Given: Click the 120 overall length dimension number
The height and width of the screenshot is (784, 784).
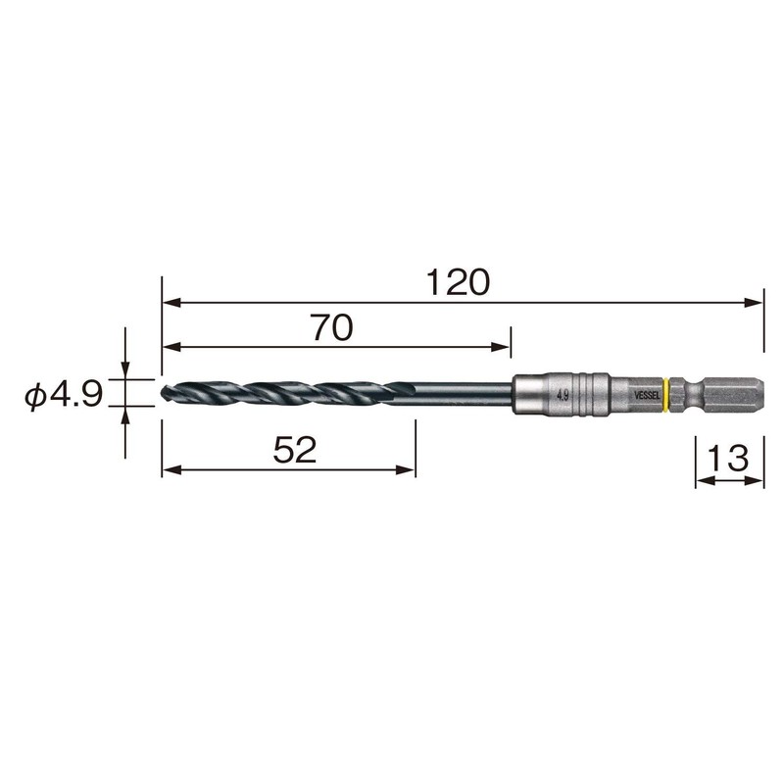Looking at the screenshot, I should pos(458,283).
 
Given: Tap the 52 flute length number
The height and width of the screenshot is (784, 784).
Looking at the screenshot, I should pos(294,451).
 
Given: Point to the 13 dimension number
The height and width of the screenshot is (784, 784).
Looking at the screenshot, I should pos(729,457).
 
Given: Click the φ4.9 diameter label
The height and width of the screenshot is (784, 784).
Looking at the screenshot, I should pos(64,395).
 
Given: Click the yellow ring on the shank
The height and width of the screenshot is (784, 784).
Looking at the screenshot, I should pos(666,394).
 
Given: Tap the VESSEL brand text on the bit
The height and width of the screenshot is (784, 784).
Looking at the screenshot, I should pos(648,394).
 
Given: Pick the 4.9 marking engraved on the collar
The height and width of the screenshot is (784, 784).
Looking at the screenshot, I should pos(563,395).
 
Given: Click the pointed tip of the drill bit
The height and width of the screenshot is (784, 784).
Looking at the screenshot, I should pos(162,394).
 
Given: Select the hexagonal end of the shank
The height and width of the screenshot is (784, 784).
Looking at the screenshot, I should pos(735,394).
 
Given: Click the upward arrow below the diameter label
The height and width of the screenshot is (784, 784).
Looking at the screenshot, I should pos(124,416).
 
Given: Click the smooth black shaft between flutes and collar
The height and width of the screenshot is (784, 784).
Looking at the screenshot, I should pos(461,394).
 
